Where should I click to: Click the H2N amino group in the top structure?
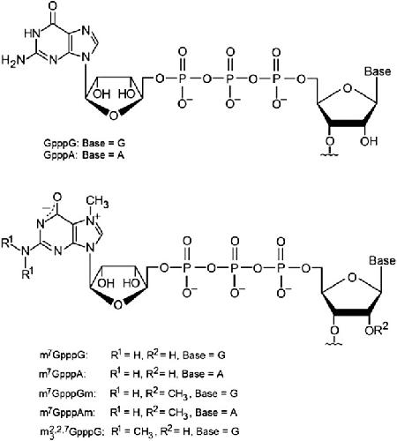13,61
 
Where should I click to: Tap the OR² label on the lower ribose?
376,330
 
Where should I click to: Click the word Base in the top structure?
378,71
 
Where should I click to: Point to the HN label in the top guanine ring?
32,34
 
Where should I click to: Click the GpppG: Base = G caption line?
85,143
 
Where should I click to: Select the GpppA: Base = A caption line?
84,155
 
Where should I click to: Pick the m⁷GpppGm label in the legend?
68,393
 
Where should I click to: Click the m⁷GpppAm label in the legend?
67,413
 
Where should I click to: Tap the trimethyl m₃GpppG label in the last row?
71,431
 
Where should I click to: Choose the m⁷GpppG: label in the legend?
64,355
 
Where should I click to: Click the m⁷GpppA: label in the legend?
63,374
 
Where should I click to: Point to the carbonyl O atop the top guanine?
54,7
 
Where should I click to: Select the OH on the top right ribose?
369,141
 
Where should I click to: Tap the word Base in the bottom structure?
382,260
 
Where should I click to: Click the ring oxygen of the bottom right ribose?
352,277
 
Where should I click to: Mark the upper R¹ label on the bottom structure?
8,243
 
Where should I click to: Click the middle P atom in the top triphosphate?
230,78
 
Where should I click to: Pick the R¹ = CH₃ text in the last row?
132,432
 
